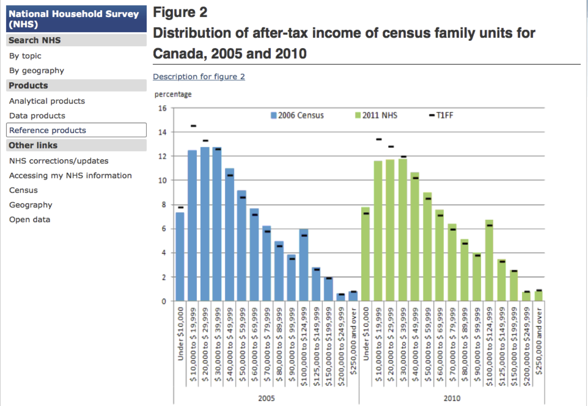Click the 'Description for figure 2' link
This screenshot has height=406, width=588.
tap(199, 77)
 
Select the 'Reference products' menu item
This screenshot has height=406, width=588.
tap(48, 130)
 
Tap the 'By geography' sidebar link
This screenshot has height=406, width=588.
tap(36, 71)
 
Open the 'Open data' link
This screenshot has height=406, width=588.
tap(29, 220)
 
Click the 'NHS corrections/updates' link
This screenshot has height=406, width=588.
tap(59, 161)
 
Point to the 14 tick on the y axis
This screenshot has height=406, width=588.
tap(162, 132)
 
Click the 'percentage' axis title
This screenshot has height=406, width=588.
tap(173, 94)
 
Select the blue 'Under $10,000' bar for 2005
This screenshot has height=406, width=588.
tap(180, 256)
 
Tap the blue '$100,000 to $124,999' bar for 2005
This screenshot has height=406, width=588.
tap(304, 265)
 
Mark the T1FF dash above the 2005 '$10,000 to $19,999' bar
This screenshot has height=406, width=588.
tap(193, 126)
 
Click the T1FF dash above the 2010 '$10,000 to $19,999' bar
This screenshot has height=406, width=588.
tap(379, 139)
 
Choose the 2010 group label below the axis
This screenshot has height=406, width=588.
tap(452, 398)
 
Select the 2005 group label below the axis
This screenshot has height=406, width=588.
tap(266, 398)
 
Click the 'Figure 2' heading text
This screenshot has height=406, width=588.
tap(180, 12)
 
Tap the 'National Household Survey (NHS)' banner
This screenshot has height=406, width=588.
tap(76, 19)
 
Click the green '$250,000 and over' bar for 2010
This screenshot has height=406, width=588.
tap(538, 295)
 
